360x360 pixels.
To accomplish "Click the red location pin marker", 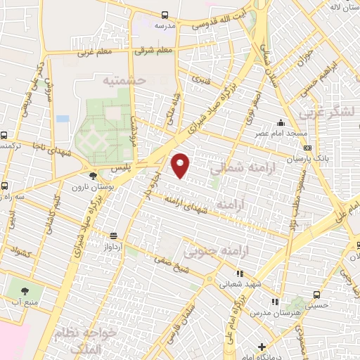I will [181, 165].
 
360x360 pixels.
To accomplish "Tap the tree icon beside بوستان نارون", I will [94, 176].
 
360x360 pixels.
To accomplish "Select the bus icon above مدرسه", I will [165, 14].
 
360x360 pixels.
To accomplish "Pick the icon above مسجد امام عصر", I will [282, 123].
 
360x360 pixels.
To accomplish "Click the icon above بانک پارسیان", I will [307, 148].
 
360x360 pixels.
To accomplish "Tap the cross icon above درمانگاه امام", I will [262, 347].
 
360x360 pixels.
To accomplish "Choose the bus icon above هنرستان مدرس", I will [316, 295].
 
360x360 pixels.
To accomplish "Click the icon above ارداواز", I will [113, 236].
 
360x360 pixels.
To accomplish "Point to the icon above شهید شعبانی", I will [239, 274].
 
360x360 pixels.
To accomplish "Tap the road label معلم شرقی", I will [155, 51].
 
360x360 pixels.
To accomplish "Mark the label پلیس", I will [123, 169].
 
